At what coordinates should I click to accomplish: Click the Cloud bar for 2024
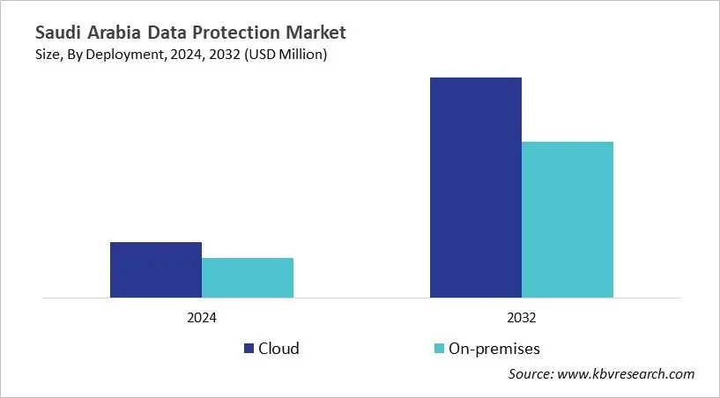pos(156,269)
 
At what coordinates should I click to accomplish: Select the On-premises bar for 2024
pos(248,277)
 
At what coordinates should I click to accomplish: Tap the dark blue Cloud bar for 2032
pos(476,188)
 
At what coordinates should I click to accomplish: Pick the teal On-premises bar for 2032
pos(568,219)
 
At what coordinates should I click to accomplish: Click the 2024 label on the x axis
pos(202,318)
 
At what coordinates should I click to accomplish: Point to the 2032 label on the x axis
pos(522,318)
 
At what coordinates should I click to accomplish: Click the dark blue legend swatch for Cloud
pos(249,349)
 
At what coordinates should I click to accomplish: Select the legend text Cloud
pos(278,349)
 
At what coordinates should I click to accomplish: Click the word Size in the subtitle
pos(49,55)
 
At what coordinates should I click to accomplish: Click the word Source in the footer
pos(531,374)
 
